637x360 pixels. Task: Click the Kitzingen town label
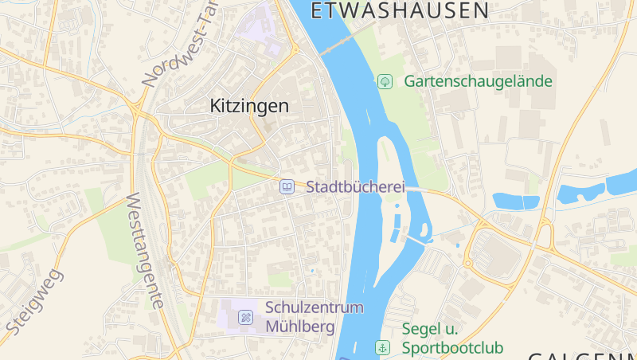coord(249,105)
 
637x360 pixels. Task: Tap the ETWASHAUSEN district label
coord(399,10)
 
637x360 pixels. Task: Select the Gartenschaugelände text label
coord(478,81)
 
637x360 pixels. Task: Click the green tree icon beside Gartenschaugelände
coord(385,81)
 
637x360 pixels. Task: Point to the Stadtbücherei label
coord(355,188)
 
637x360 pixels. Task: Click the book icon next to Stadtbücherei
coord(287,187)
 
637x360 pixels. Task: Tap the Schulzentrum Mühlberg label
coord(314,317)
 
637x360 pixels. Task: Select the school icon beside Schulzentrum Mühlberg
coord(246,317)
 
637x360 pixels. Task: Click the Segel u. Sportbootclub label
coord(452,338)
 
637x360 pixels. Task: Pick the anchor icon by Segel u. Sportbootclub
coord(383,347)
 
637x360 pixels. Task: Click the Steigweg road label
coord(34,302)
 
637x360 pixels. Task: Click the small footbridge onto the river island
coord(414,239)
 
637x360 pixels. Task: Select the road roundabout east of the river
coord(468,262)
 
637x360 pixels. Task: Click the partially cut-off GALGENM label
coord(582,354)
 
